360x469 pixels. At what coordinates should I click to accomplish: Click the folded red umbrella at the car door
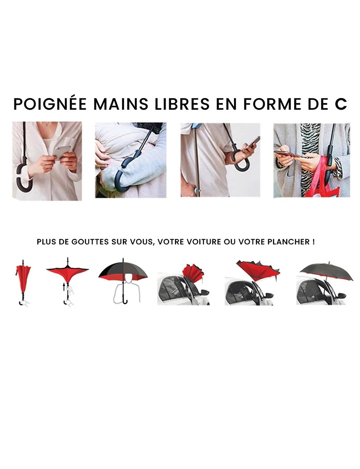(192, 274)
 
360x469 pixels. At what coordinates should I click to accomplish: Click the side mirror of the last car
(341, 295)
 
